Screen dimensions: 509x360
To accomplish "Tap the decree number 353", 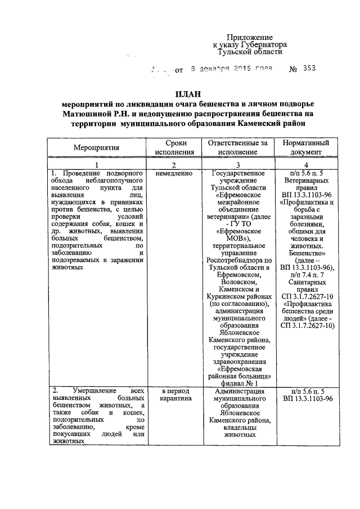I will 309,69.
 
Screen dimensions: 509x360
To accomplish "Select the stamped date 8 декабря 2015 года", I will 231,69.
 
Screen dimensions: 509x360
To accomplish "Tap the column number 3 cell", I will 240,164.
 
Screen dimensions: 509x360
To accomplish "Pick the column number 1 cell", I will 96,164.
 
